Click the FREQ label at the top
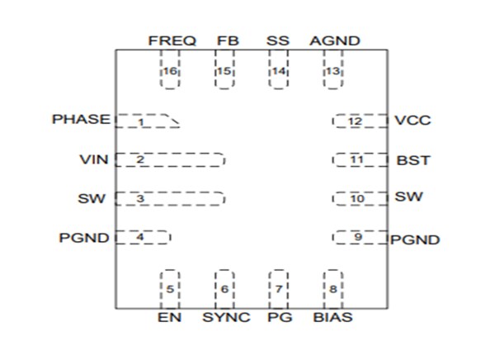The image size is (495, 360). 172,40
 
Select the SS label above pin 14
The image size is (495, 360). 278,40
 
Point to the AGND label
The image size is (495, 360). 334,40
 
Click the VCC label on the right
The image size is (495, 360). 412,121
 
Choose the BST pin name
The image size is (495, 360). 412,159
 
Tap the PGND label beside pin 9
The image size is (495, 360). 415,240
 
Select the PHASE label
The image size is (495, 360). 81,120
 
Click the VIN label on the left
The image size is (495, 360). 93,159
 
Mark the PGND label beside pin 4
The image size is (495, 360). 84,239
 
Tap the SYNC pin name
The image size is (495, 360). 224,318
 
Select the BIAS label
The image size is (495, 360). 333,318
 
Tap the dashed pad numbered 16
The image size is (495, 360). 169,70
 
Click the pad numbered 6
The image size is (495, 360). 224,288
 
